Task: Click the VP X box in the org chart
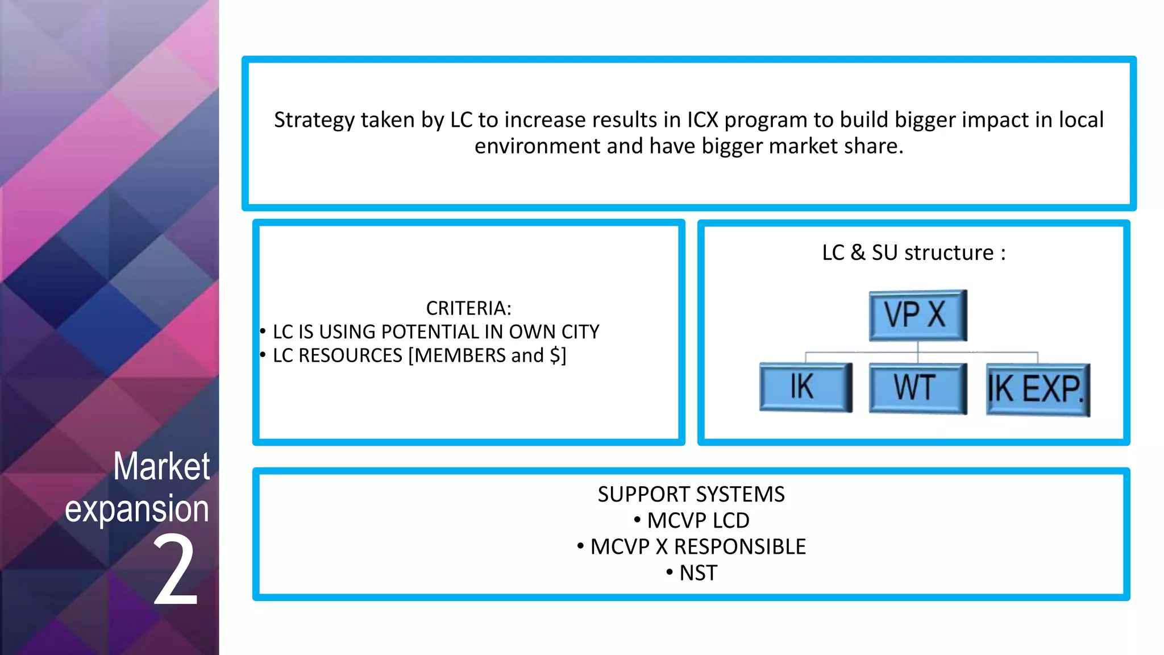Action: point(917,315)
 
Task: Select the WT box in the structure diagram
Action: point(917,388)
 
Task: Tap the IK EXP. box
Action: point(1037,389)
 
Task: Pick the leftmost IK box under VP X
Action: point(805,387)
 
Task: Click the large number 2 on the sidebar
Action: point(176,571)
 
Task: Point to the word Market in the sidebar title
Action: point(161,466)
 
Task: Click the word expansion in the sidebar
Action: point(137,508)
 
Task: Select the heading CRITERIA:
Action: point(468,308)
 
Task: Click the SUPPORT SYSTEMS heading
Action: point(691,494)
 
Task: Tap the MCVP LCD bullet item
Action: point(697,520)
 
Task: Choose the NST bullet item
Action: point(698,573)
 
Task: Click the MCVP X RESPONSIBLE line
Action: point(697,546)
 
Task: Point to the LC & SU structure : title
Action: point(913,252)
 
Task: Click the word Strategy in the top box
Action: point(314,120)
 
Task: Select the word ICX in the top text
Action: point(702,120)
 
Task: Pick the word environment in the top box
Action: point(537,146)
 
